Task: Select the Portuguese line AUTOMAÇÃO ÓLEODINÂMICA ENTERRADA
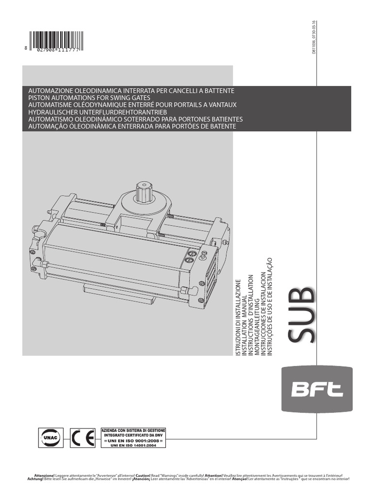(x=132, y=126)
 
